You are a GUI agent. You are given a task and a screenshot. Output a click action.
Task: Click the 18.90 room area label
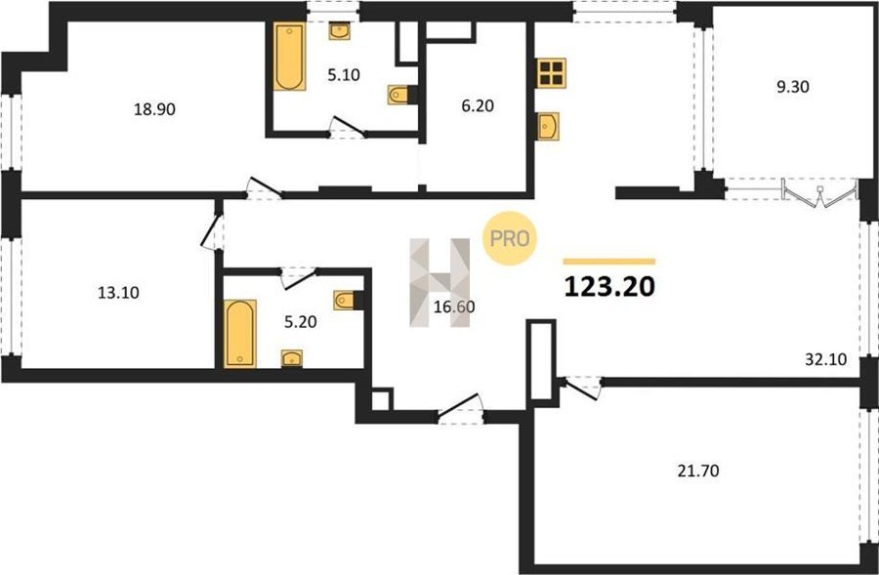154,109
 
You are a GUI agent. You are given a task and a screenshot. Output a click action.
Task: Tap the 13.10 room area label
118,293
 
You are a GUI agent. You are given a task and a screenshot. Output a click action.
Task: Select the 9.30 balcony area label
793,87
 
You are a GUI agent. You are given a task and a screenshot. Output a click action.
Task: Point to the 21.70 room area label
698,472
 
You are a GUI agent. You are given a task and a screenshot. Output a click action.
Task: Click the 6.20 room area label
478,105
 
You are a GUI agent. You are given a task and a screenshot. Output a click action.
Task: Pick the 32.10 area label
825,358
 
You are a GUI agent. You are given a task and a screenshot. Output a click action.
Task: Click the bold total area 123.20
609,287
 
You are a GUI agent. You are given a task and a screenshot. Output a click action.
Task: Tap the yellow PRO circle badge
510,238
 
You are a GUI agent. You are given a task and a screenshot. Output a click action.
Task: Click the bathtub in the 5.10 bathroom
289,56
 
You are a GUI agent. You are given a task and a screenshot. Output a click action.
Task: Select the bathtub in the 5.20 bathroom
240,334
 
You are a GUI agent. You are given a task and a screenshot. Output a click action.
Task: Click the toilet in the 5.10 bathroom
398,95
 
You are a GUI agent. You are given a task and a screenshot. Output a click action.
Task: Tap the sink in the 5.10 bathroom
339,31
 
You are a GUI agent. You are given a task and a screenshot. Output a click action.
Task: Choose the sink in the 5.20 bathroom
291,358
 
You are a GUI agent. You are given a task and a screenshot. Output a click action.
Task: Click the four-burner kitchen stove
551,73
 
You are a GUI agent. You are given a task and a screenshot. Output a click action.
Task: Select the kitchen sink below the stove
548,126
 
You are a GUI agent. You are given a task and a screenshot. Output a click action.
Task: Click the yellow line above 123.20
609,262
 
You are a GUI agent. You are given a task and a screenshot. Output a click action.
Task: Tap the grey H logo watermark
440,282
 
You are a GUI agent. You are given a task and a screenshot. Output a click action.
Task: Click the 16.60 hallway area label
454,307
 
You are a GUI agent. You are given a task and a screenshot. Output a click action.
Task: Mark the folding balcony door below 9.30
820,194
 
